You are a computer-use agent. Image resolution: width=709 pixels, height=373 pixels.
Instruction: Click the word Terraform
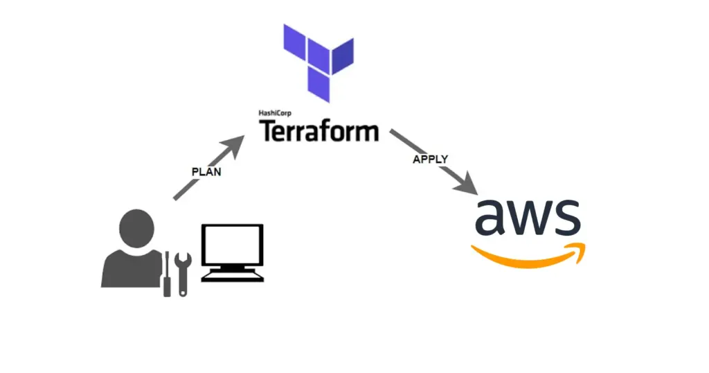(x=319, y=130)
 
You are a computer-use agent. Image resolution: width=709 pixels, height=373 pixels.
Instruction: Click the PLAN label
(x=206, y=172)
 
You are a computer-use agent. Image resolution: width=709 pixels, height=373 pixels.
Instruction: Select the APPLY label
(x=431, y=159)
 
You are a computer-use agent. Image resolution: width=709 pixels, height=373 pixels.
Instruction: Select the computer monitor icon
(x=232, y=251)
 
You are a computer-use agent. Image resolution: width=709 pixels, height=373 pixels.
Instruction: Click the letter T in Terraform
(x=269, y=130)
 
